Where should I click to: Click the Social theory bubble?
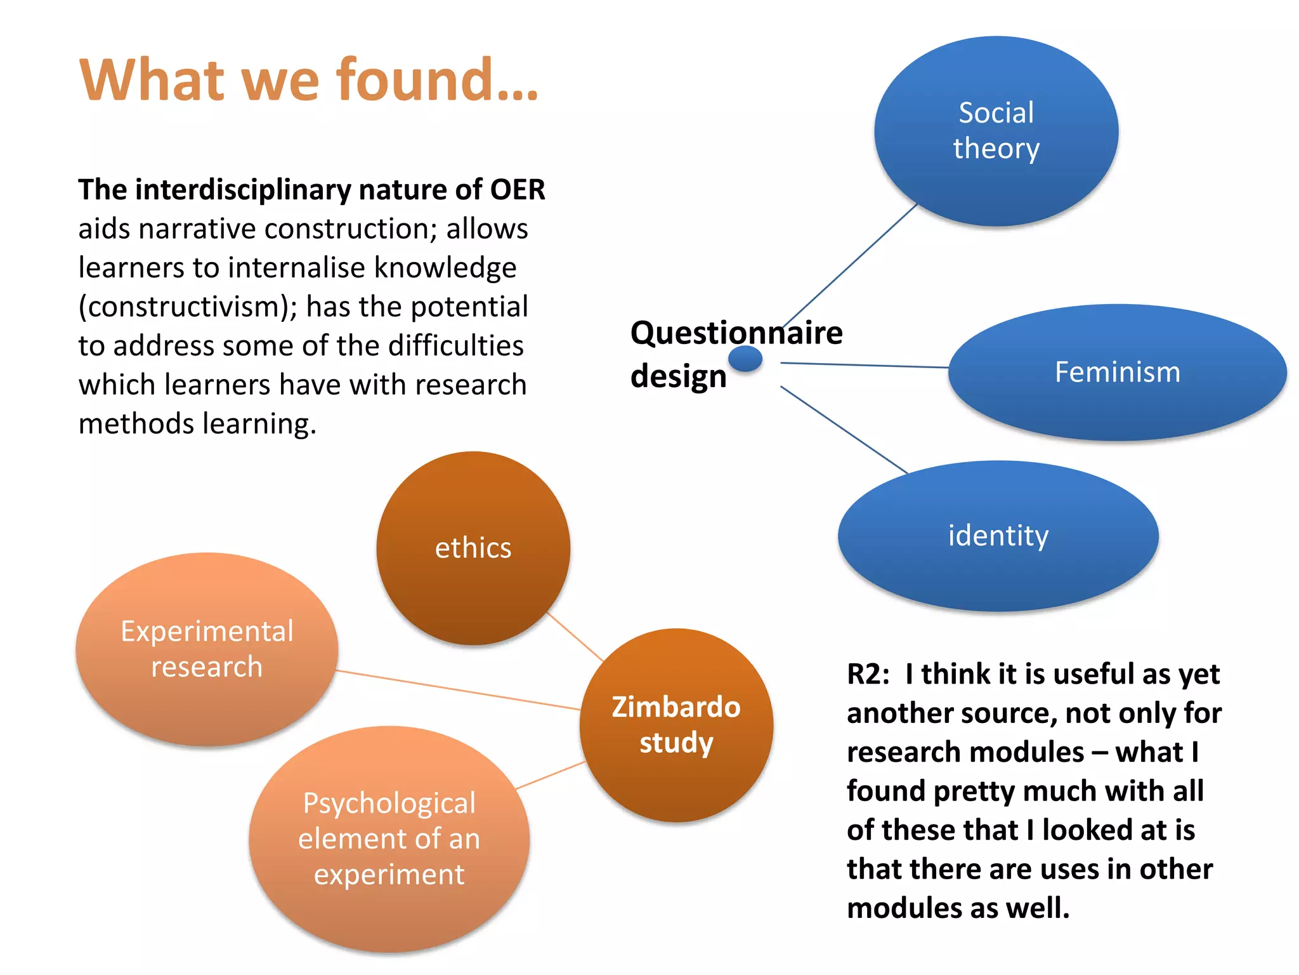(996, 131)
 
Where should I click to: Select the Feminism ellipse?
(1117, 372)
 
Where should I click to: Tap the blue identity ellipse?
(998, 536)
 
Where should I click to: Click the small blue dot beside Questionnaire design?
(745, 359)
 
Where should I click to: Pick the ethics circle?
(473, 548)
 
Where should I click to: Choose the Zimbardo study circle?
(676, 725)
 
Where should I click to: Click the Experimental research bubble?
(207, 649)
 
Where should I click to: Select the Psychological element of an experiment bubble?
(389, 839)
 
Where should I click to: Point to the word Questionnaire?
(736, 333)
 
